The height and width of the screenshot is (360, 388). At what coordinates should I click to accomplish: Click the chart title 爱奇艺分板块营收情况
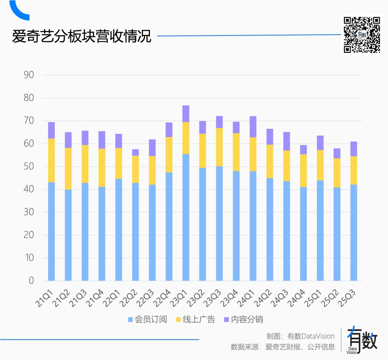[x=82, y=37]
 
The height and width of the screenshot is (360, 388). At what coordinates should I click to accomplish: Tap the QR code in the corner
[x=362, y=35]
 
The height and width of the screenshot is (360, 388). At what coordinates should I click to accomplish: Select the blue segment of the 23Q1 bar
[x=186, y=217]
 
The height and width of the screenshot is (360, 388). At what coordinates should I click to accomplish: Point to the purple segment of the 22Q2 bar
[x=135, y=152]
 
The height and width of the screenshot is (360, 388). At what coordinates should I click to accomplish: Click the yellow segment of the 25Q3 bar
[x=354, y=170]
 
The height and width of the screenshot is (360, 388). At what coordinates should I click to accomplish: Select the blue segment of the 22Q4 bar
[x=169, y=227]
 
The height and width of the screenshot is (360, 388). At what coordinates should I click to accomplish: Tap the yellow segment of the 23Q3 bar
[x=219, y=147]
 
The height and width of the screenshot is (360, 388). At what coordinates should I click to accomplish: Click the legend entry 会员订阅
[x=147, y=319]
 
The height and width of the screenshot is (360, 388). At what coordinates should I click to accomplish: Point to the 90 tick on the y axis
[x=29, y=75]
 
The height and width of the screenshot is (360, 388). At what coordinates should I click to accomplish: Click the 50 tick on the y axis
[x=29, y=167]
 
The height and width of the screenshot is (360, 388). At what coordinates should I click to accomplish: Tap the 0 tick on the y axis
[x=31, y=281]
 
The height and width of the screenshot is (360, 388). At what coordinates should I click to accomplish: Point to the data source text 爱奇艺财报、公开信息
[x=300, y=347]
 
